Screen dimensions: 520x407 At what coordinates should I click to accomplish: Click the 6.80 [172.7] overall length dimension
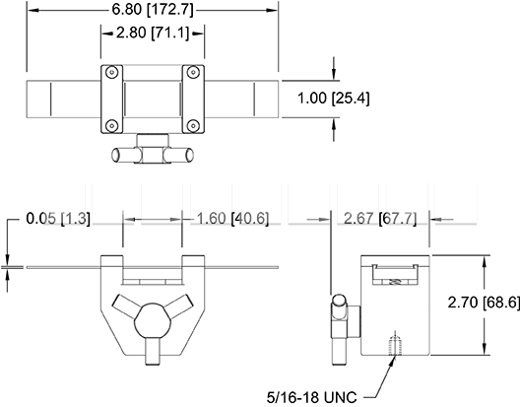153,10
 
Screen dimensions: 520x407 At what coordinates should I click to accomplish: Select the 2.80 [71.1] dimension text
153,33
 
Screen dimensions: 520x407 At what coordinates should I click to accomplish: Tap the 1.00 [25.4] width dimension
333,99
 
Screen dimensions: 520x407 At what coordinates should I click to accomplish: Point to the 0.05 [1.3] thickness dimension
58,219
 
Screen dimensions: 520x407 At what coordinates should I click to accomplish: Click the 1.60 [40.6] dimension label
232,219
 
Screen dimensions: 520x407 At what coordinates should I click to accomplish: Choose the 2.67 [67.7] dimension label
380,219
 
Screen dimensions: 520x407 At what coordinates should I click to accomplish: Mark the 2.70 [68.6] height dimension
484,303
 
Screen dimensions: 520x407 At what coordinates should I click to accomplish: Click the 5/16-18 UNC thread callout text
312,397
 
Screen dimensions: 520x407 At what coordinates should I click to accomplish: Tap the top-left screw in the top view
112,72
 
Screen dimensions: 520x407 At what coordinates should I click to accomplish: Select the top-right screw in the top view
193,72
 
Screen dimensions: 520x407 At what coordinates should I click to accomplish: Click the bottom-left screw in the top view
112,125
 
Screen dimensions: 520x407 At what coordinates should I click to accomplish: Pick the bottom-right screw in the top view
193,125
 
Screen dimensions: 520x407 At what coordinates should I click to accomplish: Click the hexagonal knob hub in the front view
153,320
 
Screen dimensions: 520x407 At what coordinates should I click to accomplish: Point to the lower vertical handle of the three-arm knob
153,351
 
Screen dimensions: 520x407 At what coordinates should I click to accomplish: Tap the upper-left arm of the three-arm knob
125,305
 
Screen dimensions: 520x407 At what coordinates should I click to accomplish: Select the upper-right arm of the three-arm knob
180,305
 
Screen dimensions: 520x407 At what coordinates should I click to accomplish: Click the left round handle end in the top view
116,155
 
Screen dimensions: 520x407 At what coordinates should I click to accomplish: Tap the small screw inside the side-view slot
395,282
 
